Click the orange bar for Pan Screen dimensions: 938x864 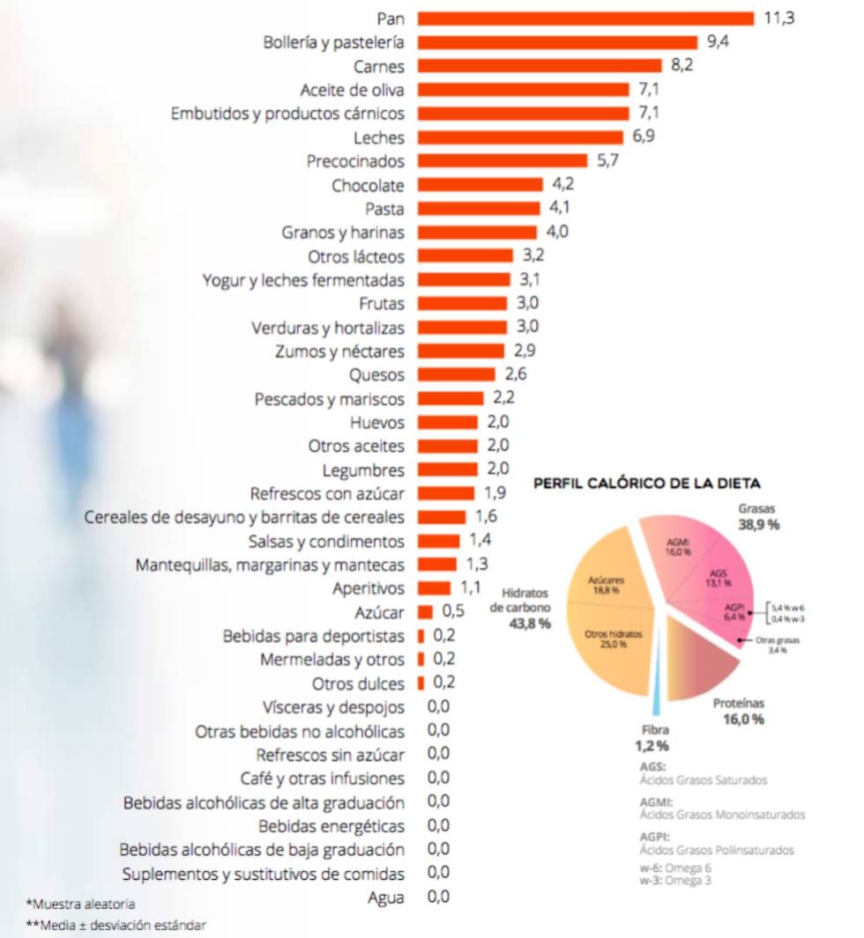tap(585, 18)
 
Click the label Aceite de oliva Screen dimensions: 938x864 tap(352, 90)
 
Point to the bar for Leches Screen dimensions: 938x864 tap(520, 137)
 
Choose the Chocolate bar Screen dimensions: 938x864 tap(480, 185)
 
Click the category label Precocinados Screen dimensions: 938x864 tap(355, 161)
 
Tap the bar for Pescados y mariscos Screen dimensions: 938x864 tap(450, 399)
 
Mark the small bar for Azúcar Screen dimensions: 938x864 tap(425, 612)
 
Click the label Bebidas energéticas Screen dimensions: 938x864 tap(331, 826)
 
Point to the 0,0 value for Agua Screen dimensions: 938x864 tap(438, 897)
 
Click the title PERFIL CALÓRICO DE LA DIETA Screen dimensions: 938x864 tap(647, 484)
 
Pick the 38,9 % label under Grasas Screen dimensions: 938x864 tap(758, 525)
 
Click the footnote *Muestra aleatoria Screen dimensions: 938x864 tap(81, 904)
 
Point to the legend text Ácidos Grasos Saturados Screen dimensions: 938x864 tap(703, 780)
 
